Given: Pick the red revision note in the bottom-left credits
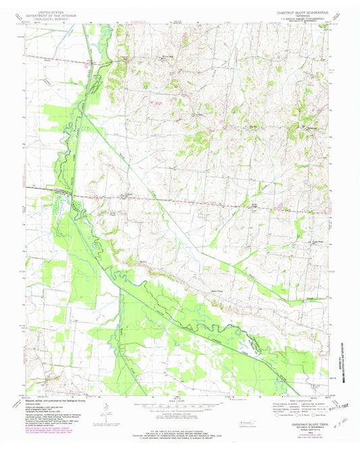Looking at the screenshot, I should coord(54,427).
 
